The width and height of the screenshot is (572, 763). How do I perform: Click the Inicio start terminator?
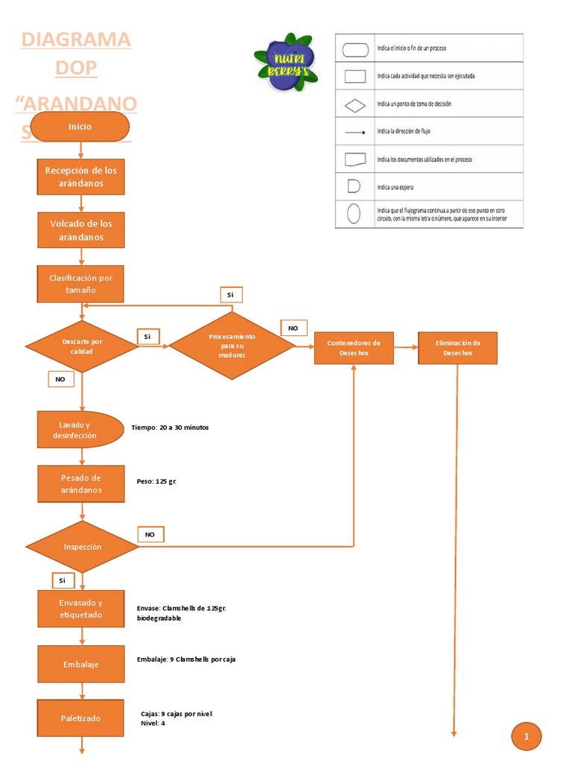(x=80, y=127)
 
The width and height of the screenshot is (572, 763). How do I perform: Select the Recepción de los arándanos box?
(x=81, y=177)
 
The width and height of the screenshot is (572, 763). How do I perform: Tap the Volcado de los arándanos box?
(x=81, y=230)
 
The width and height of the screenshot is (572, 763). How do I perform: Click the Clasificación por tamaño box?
(x=81, y=284)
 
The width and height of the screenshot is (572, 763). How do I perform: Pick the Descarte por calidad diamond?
(x=82, y=346)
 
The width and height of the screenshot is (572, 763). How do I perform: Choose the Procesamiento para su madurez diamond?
(x=232, y=346)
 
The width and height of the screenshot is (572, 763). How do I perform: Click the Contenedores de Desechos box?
(x=354, y=348)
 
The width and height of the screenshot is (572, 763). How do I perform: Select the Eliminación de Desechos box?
(x=457, y=348)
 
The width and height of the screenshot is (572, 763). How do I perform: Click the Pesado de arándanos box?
(x=81, y=484)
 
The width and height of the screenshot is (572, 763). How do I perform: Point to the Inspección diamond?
(x=82, y=546)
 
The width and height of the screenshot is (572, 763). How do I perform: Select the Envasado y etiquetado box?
(x=81, y=609)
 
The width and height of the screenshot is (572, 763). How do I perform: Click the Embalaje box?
(x=81, y=664)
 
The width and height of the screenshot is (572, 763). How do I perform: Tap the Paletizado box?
(x=81, y=718)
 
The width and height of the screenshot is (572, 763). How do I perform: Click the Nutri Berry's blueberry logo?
(x=286, y=62)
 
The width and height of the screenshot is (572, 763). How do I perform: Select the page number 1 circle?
(x=527, y=737)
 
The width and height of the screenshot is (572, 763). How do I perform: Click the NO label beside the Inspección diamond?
(x=150, y=534)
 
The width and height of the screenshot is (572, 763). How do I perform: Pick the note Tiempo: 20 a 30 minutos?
(x=170, y=428)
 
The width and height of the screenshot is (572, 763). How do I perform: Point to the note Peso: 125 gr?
(x=156, y=481)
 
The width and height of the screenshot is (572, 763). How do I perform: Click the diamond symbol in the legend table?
(x=355, y=104)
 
